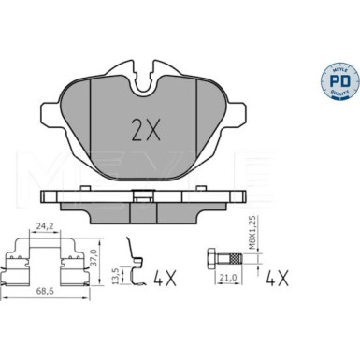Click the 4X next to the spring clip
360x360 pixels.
165,277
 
